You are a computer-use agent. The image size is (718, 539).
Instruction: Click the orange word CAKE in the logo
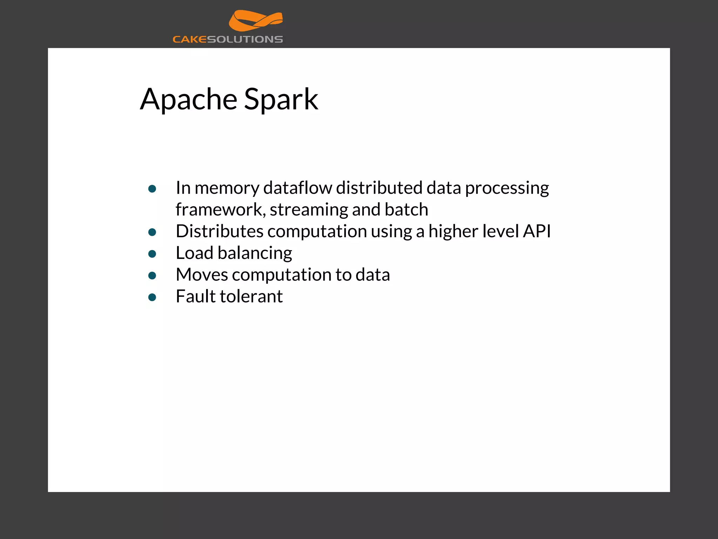pos(190,39)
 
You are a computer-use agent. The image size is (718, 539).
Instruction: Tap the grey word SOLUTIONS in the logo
pos(245,39)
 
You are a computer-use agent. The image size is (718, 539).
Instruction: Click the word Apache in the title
pos(189,99)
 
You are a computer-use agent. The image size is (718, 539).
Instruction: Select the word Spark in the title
pos(281,99)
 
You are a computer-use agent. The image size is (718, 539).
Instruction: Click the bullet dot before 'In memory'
pos(152,189)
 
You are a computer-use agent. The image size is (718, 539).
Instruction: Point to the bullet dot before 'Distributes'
pos(152,232)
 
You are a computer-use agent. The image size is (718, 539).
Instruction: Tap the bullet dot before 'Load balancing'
pos(152,254)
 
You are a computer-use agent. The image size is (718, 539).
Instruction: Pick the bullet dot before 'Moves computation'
pos(152,276)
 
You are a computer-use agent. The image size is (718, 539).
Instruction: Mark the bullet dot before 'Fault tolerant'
pos(152,298)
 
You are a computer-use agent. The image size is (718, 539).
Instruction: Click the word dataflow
pos(298,188)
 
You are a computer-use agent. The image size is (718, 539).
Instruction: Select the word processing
pos(507,188)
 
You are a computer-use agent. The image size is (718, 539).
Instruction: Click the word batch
pos(406,209)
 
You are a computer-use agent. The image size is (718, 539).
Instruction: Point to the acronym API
pos(537,231)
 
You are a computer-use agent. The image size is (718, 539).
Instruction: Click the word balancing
pos(255,253)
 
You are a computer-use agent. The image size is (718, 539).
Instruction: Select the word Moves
pos(202,275)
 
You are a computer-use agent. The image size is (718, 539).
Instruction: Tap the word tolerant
pos(251,297)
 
